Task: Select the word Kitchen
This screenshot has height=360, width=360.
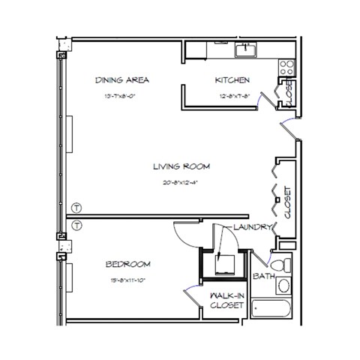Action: [232, 79]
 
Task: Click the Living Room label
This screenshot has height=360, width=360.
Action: [181, 166]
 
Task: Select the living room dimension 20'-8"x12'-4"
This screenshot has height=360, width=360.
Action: [181, 181]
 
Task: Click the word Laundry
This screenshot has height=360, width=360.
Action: [250, 227]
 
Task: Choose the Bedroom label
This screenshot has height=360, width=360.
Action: [127, 264]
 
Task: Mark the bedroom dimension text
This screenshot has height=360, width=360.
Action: [127, 281]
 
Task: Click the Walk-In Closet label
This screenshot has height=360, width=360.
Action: [227, 301]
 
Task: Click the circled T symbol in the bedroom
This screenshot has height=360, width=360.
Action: [76, 224]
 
